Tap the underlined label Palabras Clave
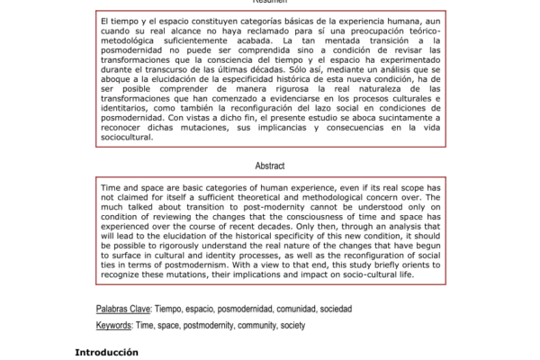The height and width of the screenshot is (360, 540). tap(123, 308)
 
